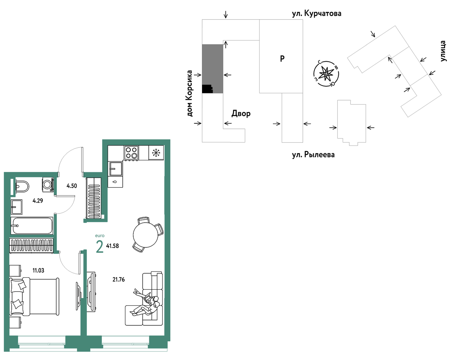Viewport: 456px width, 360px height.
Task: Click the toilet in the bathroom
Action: (x=22, y=186)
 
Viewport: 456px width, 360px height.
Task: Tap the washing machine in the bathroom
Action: (x=48, y=184)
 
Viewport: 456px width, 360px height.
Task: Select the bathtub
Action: (x=32, y=226)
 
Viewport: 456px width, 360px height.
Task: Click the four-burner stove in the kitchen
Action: (x=131, y=153)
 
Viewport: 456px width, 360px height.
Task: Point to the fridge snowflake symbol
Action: (x=156, y=153)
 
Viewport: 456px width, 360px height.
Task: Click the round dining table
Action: (x=146, y=235)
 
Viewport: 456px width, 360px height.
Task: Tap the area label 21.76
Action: (x=119, y=279)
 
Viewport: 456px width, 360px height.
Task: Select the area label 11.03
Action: (x=38, y=270)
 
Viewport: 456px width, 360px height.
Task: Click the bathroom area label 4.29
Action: (x=38, y=200)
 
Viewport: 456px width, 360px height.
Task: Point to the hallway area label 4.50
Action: (x=72, y=186)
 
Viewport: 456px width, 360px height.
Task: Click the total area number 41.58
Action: (x=113, y=246)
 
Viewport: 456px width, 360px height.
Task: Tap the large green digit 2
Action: (x=100, y=247)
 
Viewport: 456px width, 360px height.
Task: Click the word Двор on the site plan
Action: (x=241, y=114)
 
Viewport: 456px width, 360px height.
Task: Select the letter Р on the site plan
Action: (x=282, y=58)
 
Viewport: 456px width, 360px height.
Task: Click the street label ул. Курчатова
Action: (x=317, y=14)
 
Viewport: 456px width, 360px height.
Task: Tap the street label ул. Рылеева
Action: (x=313, y=155)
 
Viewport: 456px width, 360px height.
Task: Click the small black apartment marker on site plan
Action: (x=207, y=89)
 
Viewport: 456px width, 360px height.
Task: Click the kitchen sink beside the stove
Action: (x=115, y=169)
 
